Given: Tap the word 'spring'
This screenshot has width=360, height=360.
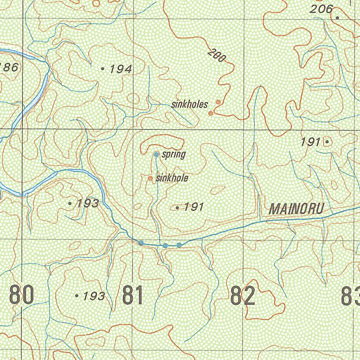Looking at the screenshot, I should point(174,154).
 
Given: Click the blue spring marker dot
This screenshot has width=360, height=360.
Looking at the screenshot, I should point(156,154).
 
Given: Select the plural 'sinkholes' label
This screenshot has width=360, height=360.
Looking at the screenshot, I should point(189,104).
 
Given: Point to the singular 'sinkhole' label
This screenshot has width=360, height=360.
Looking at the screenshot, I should point(172,178).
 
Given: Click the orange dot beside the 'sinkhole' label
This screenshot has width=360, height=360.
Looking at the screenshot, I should point(150,179).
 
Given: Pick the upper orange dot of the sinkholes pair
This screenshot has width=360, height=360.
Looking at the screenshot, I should point(218,102).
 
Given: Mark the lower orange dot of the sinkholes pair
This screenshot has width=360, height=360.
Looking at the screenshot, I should point(211,113).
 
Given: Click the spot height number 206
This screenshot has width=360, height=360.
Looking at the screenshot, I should point(321,9).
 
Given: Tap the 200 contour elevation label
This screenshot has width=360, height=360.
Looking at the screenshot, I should point(216,56).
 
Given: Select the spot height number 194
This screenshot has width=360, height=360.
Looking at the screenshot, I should point(120,69).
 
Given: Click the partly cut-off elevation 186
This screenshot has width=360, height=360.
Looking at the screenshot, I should point(8,67).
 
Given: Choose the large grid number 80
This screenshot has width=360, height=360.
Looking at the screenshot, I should point(22,295).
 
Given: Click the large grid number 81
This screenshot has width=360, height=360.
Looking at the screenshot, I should point(133,295).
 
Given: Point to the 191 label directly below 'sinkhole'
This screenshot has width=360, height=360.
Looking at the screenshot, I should point(194,207).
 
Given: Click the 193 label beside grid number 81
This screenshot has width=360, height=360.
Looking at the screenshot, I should point(94,296).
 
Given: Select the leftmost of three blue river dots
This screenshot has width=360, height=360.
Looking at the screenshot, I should point(141,243).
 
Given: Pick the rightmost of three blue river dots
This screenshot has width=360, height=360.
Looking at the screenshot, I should point(179,245).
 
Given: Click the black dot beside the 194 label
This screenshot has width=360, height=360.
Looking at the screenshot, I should point(103,69).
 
